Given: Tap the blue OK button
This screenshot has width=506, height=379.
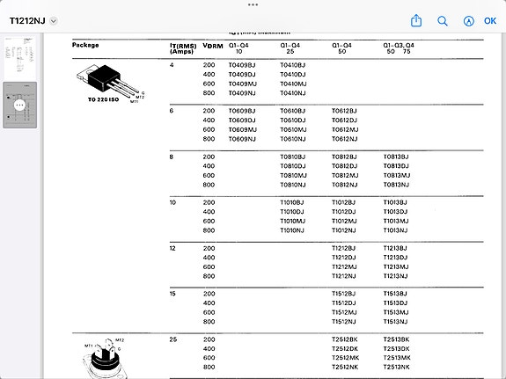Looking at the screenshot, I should click(x=490, y=20).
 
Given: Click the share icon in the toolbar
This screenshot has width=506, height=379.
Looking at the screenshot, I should click(x=417, y=20).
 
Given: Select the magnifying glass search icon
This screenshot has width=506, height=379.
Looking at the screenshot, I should click(x=443, y=20).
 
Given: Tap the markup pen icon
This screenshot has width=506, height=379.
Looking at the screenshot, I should click(x=468, y=20).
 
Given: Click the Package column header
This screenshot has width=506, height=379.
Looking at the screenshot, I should click(x=85, y=44).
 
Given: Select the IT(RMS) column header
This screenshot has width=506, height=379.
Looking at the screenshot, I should click(x=182, y=47).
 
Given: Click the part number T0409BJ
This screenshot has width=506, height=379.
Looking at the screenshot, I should click(x=241, y=65).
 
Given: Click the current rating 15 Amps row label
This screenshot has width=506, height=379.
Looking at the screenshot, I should click(x=172, y=294).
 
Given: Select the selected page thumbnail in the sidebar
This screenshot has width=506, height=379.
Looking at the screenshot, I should click(x=18, y=105).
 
